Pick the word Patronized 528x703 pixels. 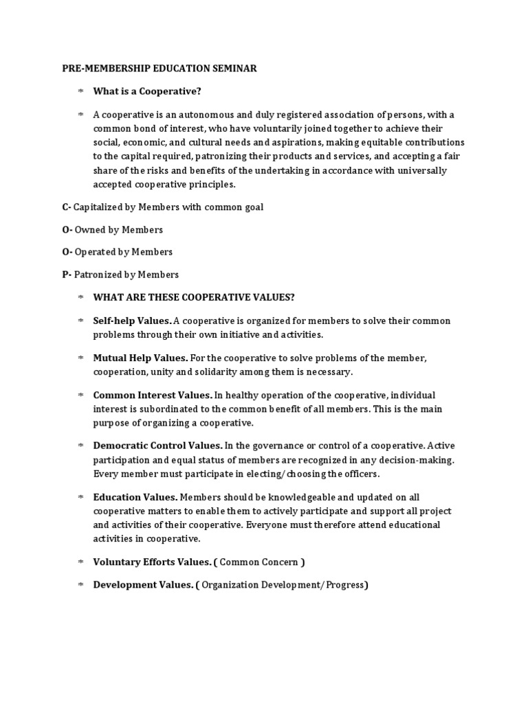[101, 275]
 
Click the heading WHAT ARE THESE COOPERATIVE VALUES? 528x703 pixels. [195, 297]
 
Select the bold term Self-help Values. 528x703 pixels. [133, 321]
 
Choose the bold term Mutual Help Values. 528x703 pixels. [140, 358]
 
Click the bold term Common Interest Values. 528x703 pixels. [153, 395]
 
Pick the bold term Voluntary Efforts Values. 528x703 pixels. [152, 562]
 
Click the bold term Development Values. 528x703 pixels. [144, 585]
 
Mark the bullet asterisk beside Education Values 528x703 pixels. [80, 496]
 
